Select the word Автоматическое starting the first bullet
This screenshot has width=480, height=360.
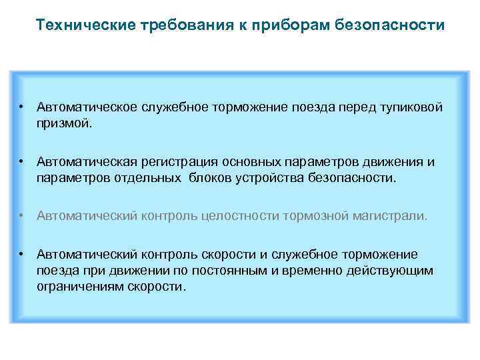(x=87, y=107)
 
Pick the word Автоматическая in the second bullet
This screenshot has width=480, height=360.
(x=87, y=162)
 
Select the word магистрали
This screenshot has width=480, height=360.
(x=393, y=216)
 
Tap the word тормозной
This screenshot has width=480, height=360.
(x=317, y=216)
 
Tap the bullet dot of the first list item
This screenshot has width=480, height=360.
(x=23, y=107)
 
